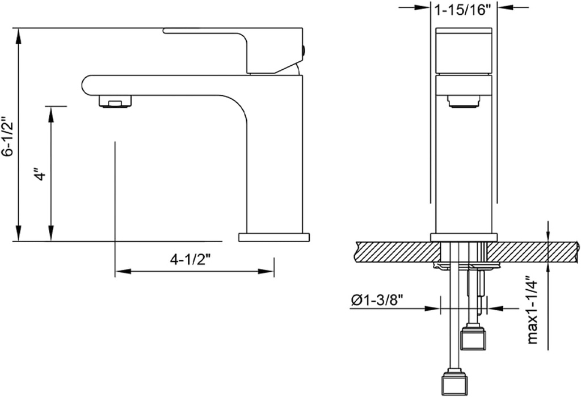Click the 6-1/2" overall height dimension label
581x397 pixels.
pyautogui.click(x=7, y=137)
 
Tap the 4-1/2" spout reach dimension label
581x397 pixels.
pyautogui.click(x=191, y=260)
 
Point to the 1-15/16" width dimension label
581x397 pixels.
pyautogui.click(x=462, y=10)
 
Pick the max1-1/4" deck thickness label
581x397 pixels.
pyautogui.click(x=532, y=310)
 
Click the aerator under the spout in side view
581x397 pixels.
pyautogui.click(x=116, y=102)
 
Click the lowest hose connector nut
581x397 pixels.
pyautogui.click(x=454, y=383)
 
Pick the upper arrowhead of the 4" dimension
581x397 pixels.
pyautogui.click(x=51, y=113)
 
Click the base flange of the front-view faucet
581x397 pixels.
pyautogui.click(x=464, y=237)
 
